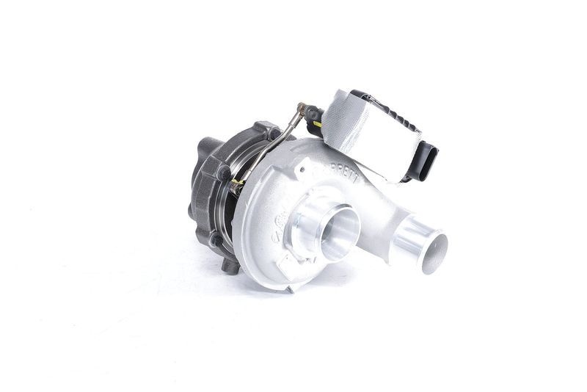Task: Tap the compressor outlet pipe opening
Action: coord(429,247)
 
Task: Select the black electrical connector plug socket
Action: coord(424,162)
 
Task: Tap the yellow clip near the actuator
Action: coord(317,124)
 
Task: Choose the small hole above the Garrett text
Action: coord(302,167)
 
